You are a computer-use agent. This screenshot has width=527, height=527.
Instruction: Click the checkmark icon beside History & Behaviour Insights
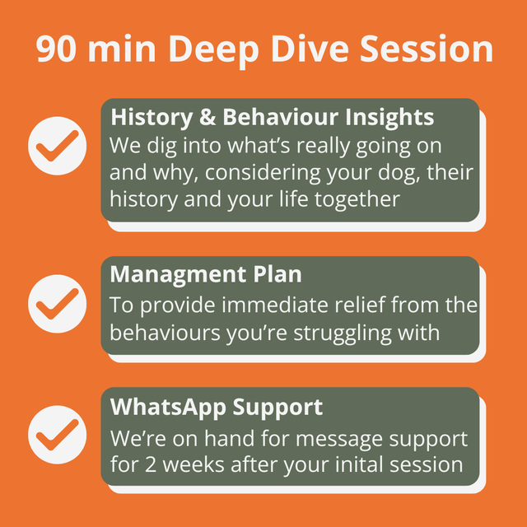coord(57,145)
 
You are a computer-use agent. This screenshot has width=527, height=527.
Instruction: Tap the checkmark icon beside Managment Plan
coord(57,304)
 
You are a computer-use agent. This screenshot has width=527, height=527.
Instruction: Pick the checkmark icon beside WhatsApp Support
coord(57,435)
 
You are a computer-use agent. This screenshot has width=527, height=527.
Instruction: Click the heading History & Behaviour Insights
coord(272,118)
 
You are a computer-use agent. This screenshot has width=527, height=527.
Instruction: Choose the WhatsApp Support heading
coord(217,407)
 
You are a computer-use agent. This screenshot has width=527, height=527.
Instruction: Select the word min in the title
coord(129,49)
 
